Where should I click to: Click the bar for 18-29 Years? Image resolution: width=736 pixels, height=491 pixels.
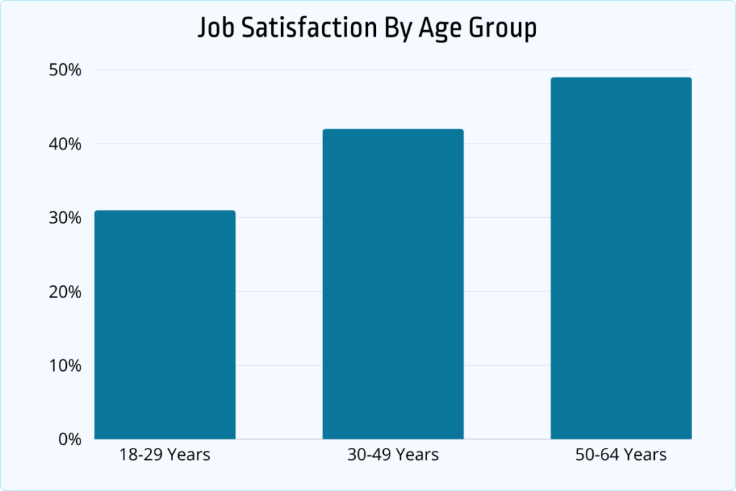coord(165,324)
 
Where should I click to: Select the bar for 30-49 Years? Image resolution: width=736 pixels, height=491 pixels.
coord(392,284)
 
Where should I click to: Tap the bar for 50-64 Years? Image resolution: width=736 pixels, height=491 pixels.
coord(621,258)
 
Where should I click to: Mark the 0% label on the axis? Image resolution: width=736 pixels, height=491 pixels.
coord(70,439)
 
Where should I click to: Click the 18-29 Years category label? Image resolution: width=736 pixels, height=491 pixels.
coord(165,456)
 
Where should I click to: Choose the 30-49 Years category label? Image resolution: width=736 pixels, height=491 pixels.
coord(392,456)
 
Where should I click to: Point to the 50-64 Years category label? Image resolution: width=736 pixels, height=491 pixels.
coord(621,456)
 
